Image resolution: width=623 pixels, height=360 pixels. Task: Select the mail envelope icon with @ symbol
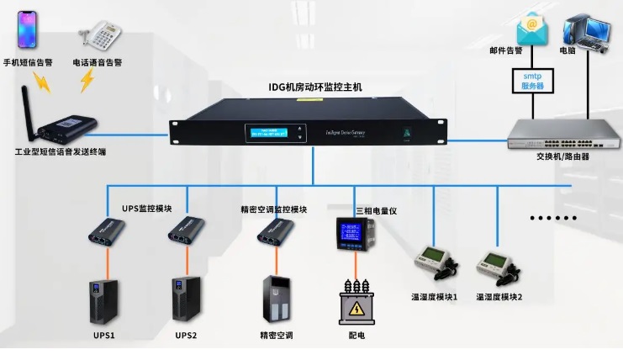coord(531,29)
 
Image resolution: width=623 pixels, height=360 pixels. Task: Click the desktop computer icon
coord(587,30)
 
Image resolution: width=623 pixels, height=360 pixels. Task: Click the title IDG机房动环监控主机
coord(314,87)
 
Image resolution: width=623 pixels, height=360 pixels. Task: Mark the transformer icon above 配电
coord(356,302)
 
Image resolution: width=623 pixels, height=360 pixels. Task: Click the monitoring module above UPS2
coord(187,234)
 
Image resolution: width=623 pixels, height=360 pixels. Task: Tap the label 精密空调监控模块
coord(273,209)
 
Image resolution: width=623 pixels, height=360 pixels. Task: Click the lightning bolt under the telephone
coord(87,80)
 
